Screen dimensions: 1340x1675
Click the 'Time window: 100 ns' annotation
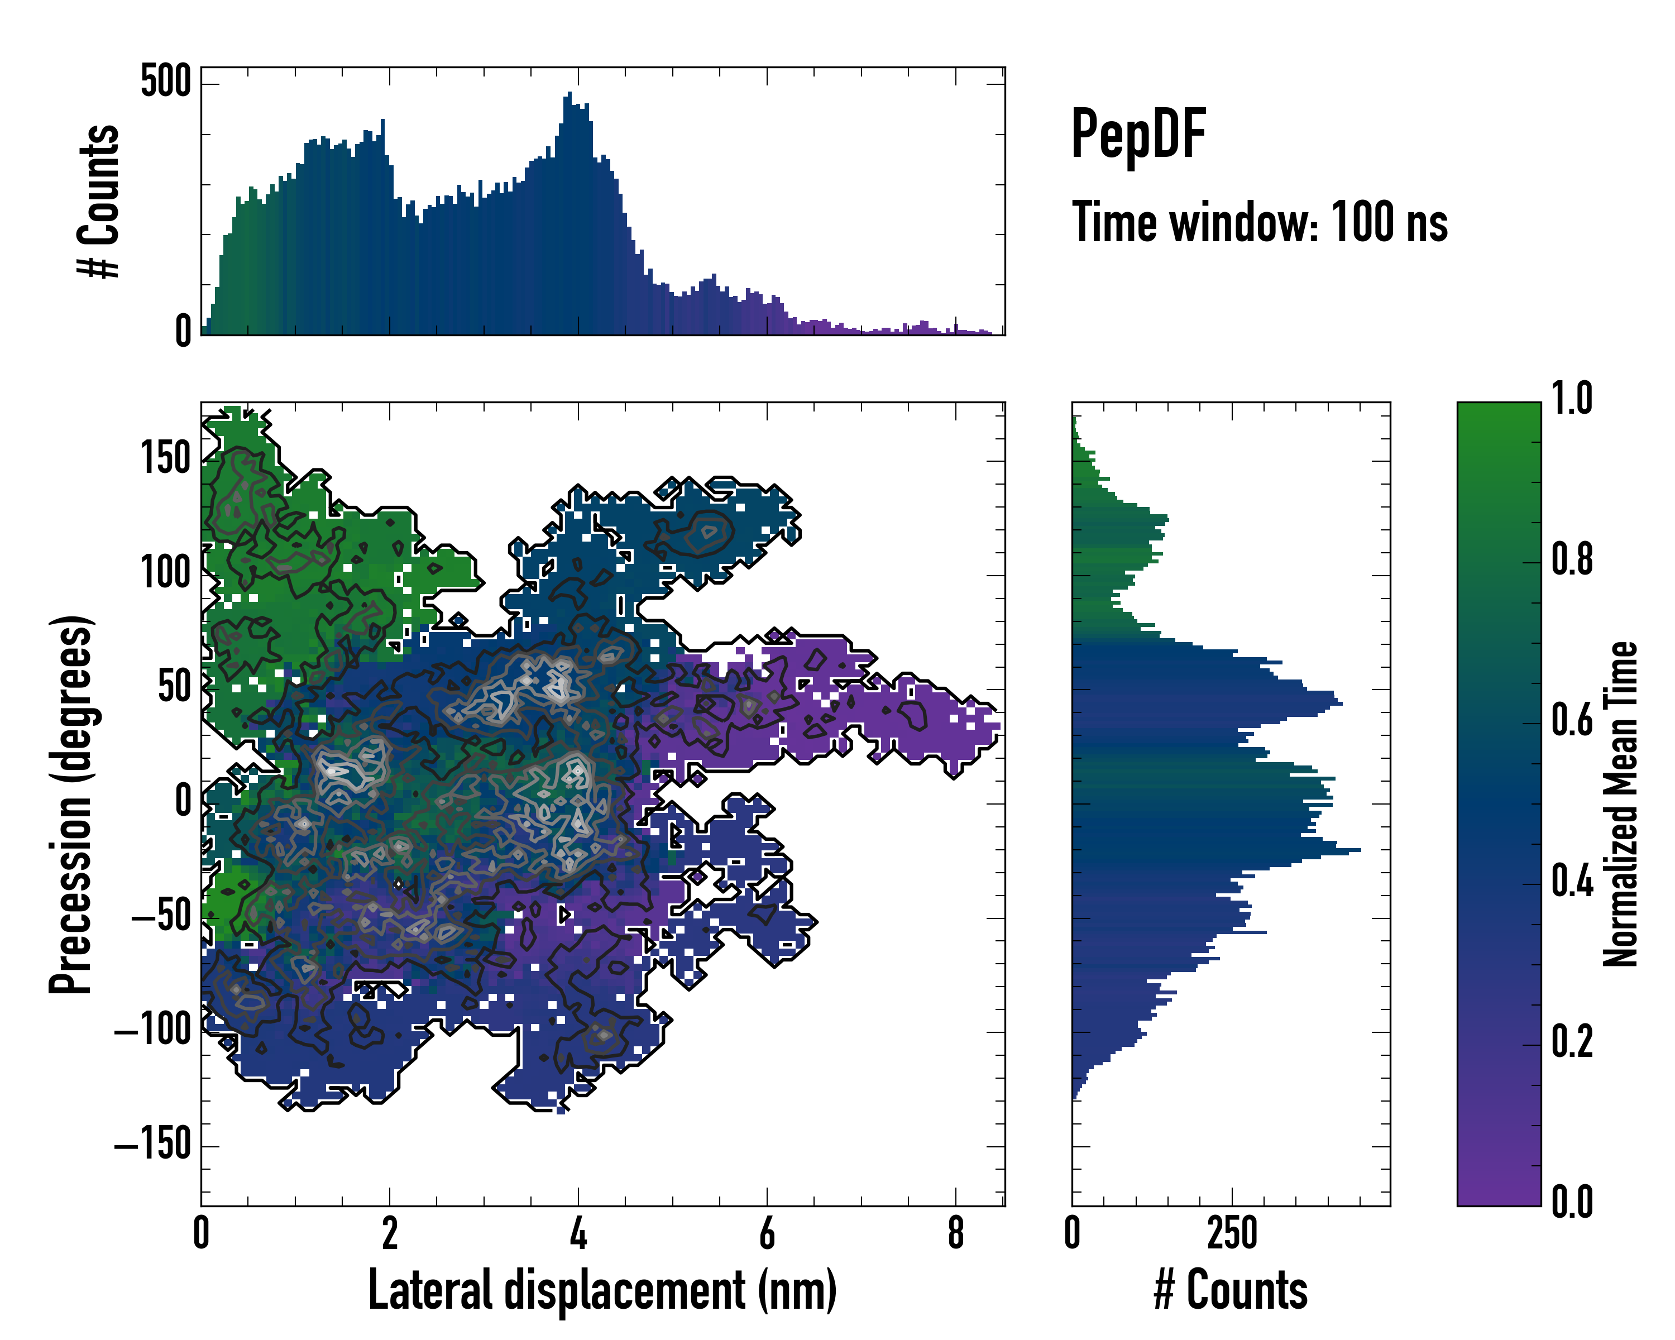coord(1260,223)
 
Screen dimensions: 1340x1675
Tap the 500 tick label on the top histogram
coord(165,82)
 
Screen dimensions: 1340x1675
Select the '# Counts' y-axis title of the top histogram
coord(99,201)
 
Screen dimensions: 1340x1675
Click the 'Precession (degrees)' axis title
coord(71,804)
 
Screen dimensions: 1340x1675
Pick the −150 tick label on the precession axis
coord(153,1144)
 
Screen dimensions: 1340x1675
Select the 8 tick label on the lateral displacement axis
coord(956,1233)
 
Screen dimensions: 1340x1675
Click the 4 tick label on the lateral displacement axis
coord(578,1233)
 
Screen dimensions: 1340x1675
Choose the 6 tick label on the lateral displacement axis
coord(767,1233)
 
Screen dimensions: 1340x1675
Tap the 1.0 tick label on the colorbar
coord(1572,399)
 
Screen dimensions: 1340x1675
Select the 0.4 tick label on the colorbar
coord(1572,883)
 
